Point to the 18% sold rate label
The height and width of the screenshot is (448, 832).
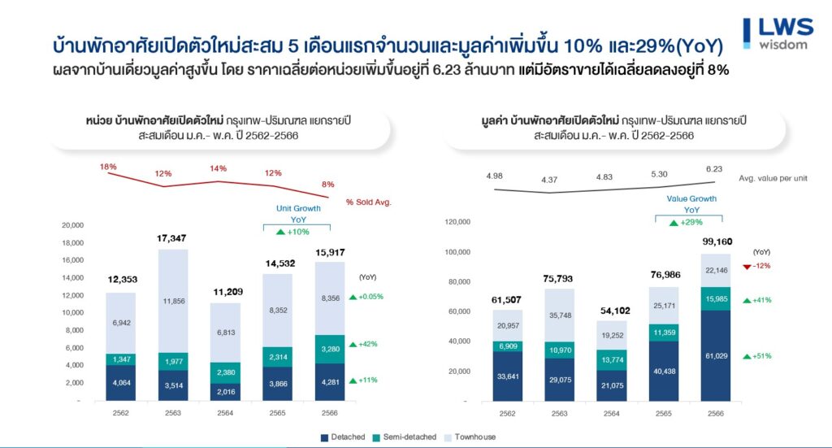coord(108,167)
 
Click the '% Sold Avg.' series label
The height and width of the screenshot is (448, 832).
coord(368,202)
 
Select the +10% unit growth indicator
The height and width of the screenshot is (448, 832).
coord(292,233)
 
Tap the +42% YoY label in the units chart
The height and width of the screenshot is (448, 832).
coord(366,344)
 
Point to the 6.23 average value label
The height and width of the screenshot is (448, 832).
coord(714,169)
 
